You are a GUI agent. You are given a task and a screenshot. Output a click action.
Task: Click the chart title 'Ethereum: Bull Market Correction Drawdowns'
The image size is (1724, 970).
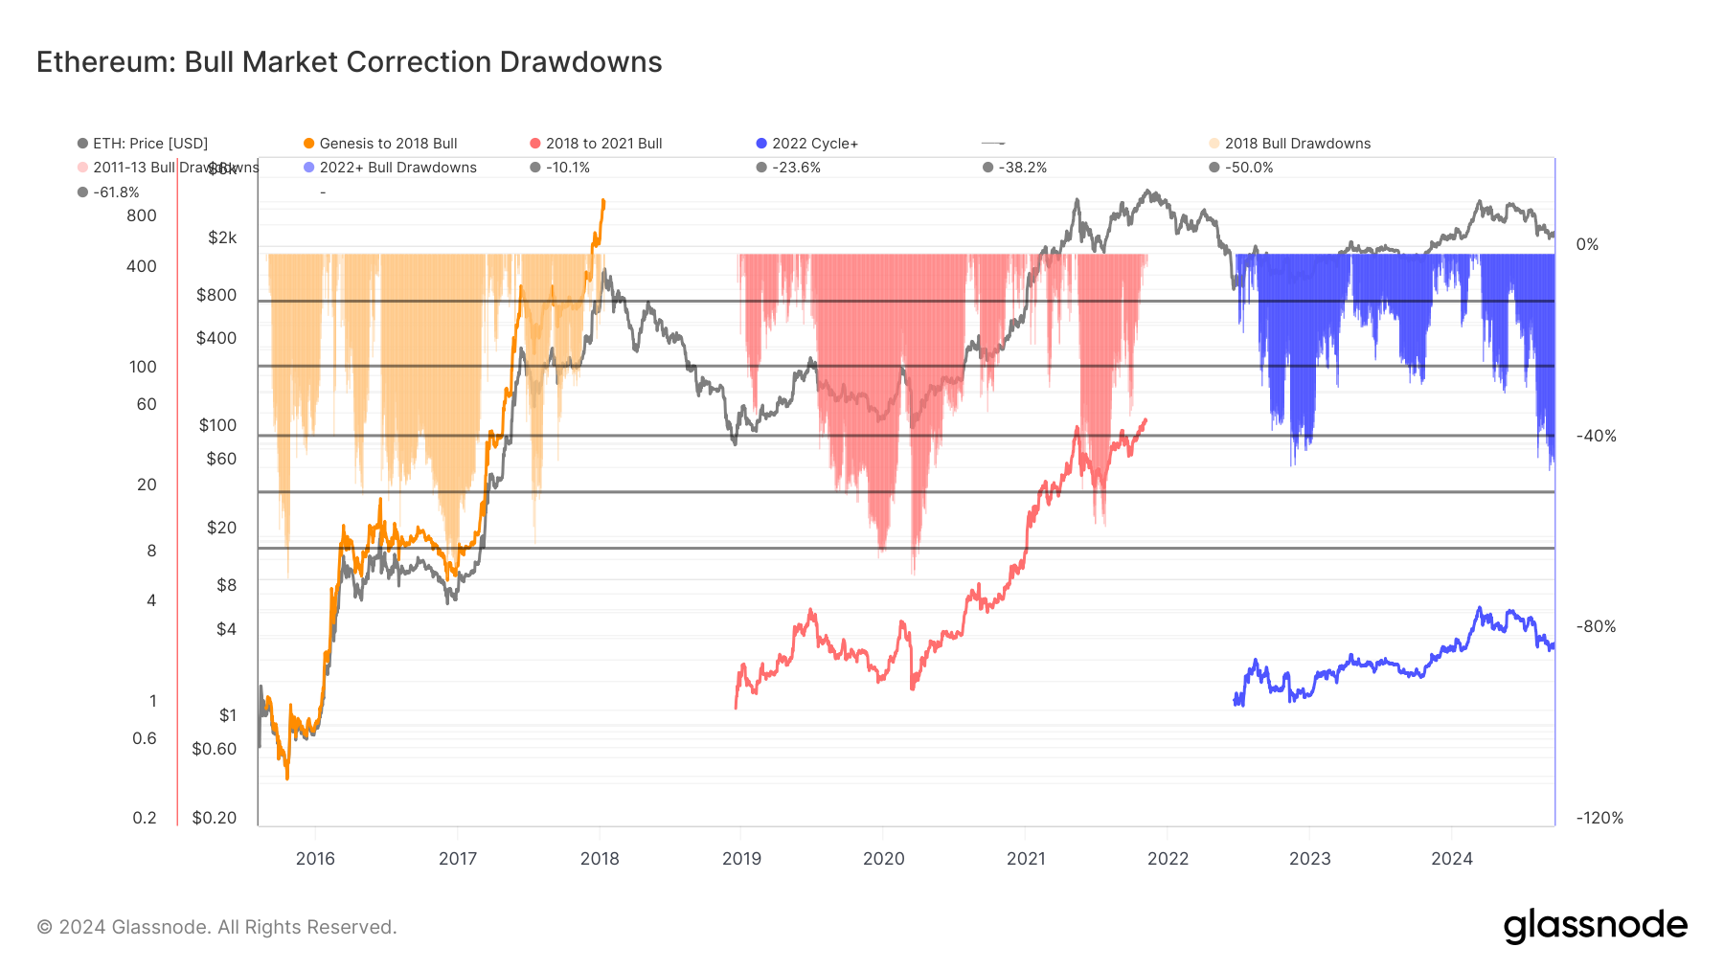(350, 62)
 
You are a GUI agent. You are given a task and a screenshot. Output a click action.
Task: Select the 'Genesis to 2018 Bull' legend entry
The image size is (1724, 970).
(388, 144)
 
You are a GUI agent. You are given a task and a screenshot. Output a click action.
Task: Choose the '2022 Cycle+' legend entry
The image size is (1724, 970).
(814, 144)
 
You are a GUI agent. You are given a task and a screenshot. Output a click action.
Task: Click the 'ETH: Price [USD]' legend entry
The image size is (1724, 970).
(149, 144)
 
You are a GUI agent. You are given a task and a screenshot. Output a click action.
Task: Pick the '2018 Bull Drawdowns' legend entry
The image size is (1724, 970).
(1297, 144)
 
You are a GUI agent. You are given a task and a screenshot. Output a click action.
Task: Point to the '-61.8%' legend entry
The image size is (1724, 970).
(116, 192)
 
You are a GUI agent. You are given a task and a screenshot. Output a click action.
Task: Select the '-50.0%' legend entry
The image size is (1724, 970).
(1248, 168)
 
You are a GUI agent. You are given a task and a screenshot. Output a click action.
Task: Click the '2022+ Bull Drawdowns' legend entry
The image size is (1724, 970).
(397, 168)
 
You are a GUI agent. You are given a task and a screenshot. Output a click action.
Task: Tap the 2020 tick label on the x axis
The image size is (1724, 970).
(883, 859)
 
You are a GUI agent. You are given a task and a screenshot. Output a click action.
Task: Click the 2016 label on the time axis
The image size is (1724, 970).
(315, 859)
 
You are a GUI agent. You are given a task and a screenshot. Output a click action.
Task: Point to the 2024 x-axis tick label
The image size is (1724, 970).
(1451, 859)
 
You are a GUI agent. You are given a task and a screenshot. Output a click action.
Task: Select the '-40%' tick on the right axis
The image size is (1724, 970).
(1597, 436)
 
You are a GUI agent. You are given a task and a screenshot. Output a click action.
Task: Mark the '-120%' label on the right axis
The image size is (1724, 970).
(1599, 818)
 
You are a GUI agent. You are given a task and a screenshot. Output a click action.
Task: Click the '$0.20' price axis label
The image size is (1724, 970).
(214, 818)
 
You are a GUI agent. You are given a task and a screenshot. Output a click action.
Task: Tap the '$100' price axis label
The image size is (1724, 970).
(217, 425)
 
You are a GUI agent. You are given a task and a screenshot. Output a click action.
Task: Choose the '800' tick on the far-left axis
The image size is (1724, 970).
(142, 215)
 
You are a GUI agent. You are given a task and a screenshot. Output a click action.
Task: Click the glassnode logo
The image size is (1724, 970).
(1595, 926)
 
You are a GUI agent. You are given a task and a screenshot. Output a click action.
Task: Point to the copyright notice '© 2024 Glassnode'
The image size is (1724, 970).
(216, 927)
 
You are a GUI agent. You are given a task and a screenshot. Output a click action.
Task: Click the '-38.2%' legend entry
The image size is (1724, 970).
(1022, 168)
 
